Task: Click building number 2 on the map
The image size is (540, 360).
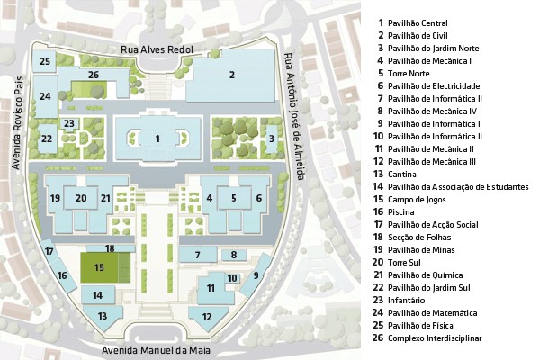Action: tap(231, 76)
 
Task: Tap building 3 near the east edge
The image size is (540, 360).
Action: tap(272, 139)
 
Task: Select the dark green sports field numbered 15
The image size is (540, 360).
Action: tap(99, 267)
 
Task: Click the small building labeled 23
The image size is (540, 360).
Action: tap(69, 123)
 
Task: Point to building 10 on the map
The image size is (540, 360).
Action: tap(232, 278)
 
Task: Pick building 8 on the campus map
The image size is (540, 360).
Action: tap(234, 255)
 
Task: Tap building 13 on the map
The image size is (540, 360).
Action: tap(103, 317)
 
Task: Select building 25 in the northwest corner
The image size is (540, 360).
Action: tap(44, 62)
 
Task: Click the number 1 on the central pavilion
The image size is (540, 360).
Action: tap(157, 139)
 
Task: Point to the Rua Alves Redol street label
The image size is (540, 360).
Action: tap(157, 49)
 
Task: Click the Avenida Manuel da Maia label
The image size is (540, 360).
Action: tap(156, 351)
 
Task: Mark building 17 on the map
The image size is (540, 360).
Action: tap(49, 250)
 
